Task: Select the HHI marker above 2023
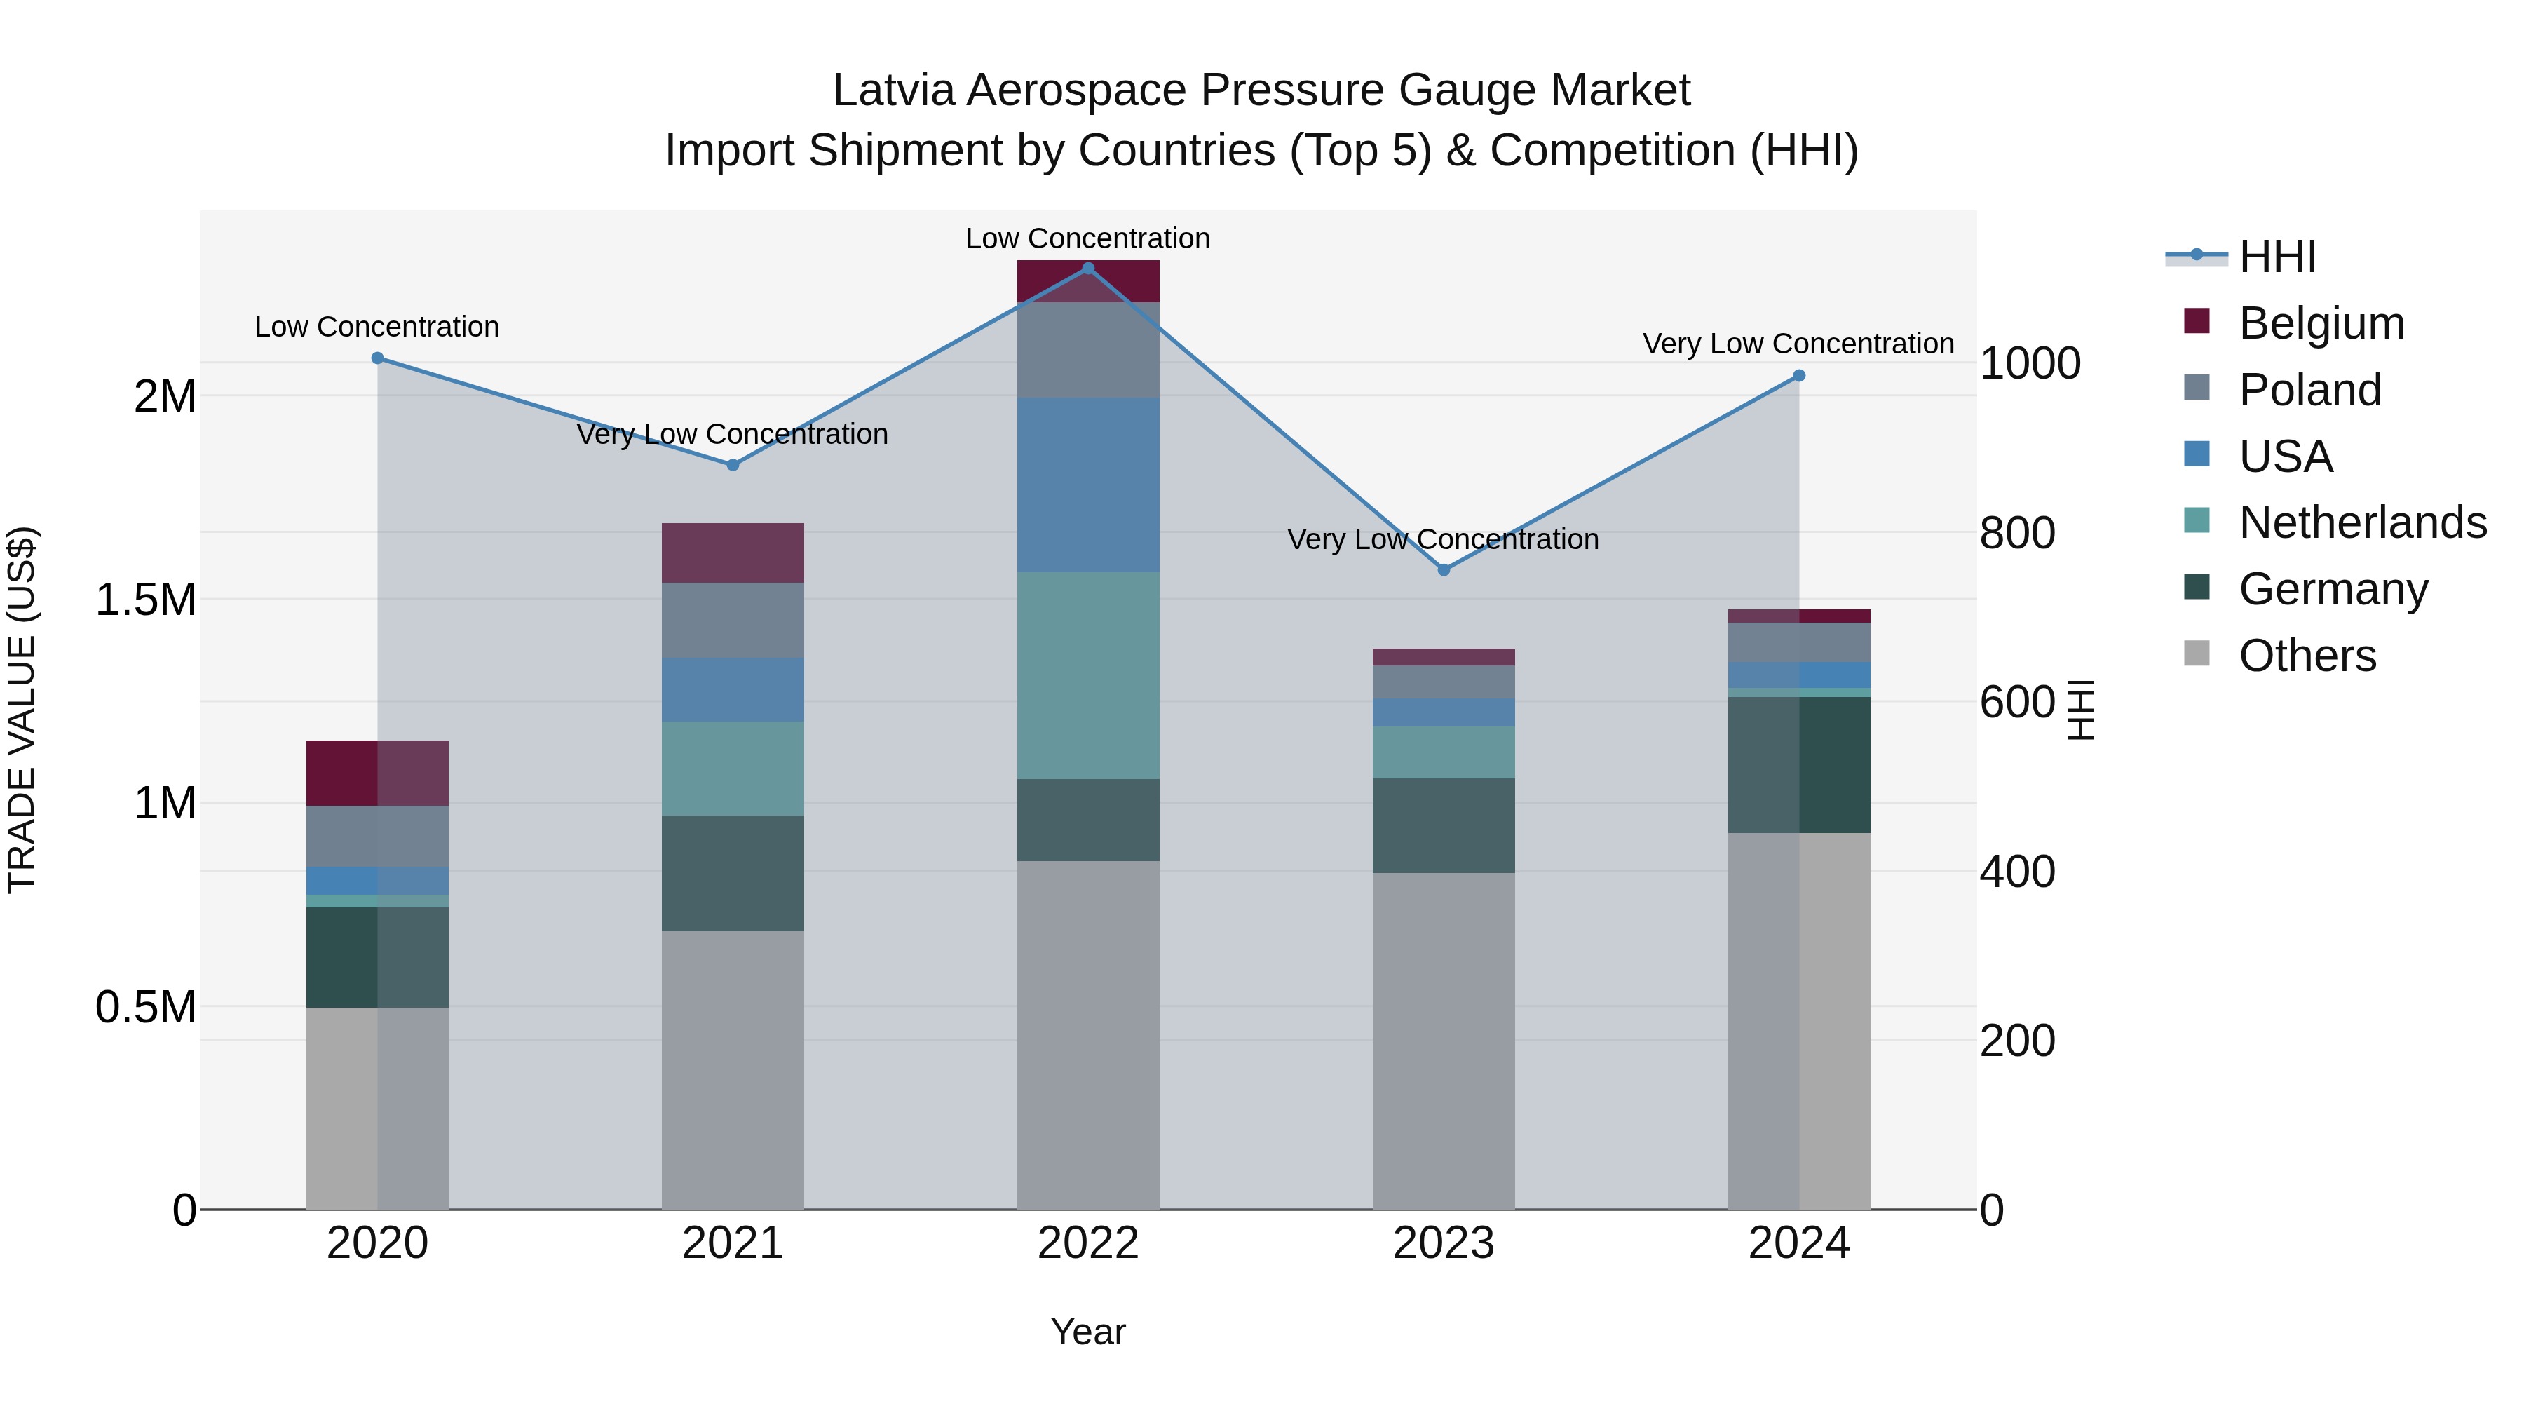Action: pos(1444,570)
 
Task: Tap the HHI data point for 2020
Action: pos(377,358)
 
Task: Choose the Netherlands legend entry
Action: pos(2361,522)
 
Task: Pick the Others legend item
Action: pos(2307,656)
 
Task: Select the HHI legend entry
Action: pos(2277,257)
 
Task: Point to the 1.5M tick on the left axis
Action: pos(146,600)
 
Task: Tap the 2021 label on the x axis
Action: pos(733,1243)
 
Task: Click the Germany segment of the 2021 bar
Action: pos(733,873)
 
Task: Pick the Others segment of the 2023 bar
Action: pos(1444,1041)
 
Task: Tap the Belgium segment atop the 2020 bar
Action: pos(377,773)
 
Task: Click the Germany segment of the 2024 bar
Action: pos(1799,765)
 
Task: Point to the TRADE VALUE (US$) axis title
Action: pos(22,710)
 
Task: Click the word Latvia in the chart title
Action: pos(894,90)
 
